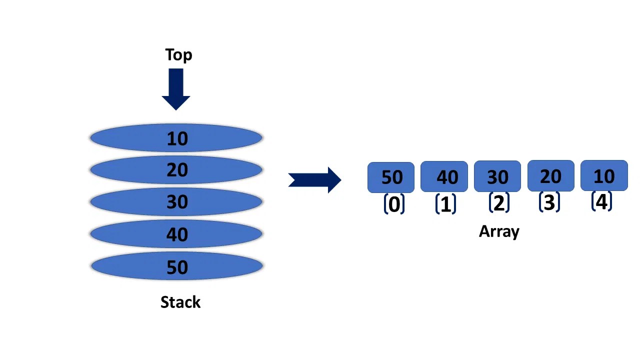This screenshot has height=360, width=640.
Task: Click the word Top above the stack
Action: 178,54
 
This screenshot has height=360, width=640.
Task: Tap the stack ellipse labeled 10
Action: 176,138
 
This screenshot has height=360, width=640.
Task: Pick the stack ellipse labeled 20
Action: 176,170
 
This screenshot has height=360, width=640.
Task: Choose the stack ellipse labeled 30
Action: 176,202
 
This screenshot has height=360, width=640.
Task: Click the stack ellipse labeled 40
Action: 176,234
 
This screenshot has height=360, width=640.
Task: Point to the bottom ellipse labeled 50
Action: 176,266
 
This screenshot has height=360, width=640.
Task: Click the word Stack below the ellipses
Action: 180,302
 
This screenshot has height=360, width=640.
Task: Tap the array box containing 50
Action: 391,177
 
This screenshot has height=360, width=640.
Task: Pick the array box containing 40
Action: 444,176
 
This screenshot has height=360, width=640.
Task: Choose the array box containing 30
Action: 497,176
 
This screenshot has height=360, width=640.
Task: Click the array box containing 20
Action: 550,175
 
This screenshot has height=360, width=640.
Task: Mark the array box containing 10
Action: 604,175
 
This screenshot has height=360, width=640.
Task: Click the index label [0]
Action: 394,204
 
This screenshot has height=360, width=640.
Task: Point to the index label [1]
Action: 445,204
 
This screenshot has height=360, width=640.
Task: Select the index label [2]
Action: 498,203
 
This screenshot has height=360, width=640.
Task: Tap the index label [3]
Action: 549,202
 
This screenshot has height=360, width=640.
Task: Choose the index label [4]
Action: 601,201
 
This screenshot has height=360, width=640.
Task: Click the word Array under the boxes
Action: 499,231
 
